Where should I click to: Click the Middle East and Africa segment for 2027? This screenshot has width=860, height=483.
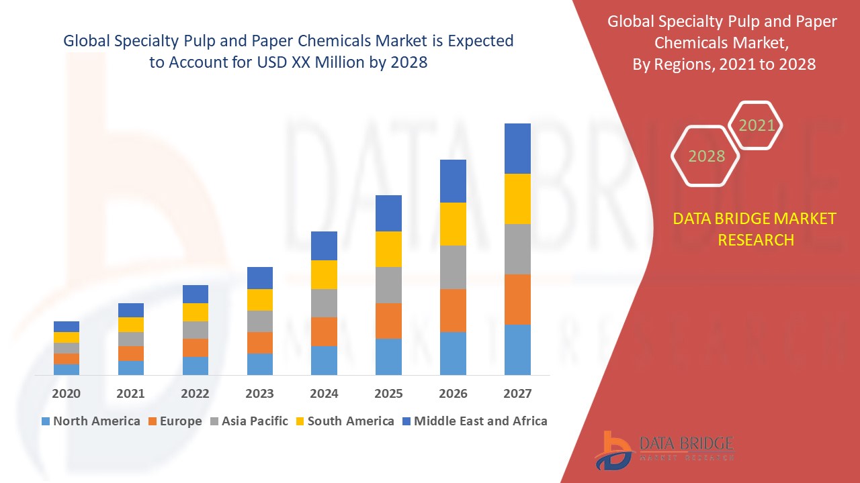[517, 148]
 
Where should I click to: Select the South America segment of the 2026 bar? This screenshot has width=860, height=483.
[453, 224]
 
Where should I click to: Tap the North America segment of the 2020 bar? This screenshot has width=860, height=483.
[67, 369]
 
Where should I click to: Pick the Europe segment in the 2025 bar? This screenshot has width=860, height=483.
[388, 321]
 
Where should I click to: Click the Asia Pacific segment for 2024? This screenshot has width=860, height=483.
[324, 303]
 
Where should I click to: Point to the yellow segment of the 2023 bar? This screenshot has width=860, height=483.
[260, 300]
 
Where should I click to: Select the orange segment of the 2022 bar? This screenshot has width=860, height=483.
[196, 347]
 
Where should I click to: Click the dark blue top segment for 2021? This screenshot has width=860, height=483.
[131, 310]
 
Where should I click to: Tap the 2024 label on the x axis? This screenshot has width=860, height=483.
[324, 393]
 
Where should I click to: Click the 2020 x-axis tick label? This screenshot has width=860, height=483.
[67, 393]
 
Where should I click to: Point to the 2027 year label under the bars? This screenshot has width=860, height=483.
[517, 393]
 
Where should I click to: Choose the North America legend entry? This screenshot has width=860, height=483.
[91, 421]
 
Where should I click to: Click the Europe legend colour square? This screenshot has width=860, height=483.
[153, 421]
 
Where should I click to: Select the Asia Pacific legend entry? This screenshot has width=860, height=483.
[249, 421]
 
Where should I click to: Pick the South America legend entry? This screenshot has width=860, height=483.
[345, 421]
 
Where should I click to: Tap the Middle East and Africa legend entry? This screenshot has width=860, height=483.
[474, 421]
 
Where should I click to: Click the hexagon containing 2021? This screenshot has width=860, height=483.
[756, 125]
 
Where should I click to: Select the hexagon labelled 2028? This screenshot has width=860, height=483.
[705, 156]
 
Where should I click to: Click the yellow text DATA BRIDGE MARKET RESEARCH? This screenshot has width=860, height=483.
[755, 229]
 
